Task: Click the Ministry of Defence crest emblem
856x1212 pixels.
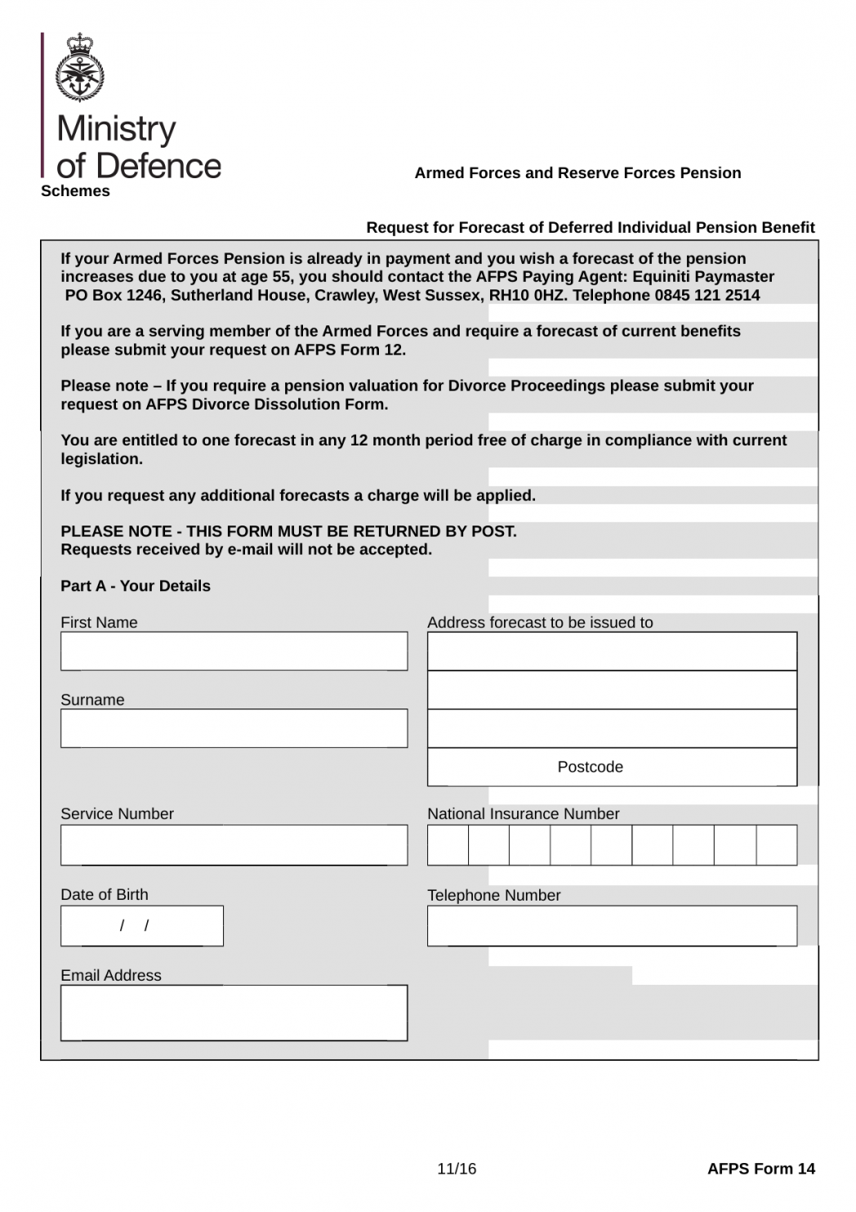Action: click(80, 68)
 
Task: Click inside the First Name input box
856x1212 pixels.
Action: click(234, 651)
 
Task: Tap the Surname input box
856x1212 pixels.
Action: click(234, 727)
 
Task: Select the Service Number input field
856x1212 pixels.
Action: click(234, 844)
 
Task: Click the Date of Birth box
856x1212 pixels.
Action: click(141, 925)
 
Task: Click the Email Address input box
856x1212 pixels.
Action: click(234, 1013)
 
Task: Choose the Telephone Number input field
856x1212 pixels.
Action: click(612, 925)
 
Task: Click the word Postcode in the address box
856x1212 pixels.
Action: click(590, 767)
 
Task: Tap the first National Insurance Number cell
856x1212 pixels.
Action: click(448, 844)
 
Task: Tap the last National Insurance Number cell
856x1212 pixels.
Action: click(776, 844)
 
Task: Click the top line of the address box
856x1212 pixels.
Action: click(612, 651)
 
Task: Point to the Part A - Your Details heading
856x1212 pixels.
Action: click(136, 586)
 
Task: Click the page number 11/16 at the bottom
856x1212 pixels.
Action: click(457, 1169)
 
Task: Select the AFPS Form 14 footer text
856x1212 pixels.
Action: click(760, 1169)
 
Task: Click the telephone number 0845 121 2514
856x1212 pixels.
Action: click(707, 295)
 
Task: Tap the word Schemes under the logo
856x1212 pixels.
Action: click(75, 191)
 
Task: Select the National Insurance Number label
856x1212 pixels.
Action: click(523, 814)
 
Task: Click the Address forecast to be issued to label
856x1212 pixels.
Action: click(540, 623)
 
